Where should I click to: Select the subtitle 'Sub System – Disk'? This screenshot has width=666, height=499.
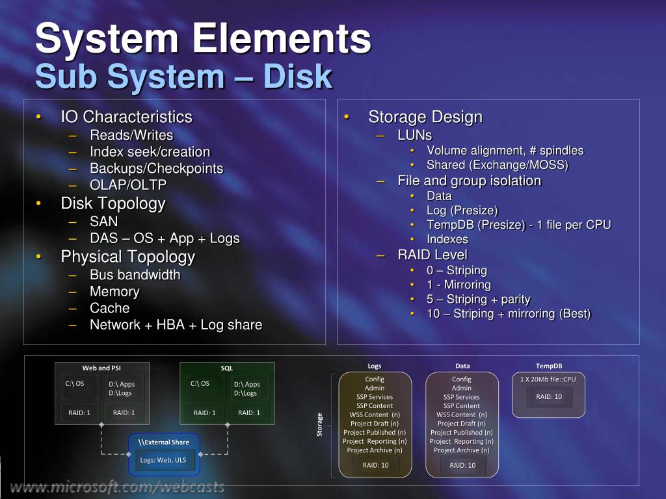click(x=183, y=77)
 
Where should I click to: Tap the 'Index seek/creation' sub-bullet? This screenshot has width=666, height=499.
click(x=150, y=152)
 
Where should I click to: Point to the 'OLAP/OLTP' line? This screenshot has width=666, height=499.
click(x=128, y=185)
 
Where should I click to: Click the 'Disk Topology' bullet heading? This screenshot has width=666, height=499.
click(x=113, y=203)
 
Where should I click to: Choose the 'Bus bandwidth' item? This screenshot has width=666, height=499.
click(x=135, y=275)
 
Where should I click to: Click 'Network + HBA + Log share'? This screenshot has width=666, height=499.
click(x=176, y=325)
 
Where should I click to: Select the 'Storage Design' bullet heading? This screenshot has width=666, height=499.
click(x=425, y=117)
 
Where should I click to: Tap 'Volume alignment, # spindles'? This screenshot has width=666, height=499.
click(x=505, y=151)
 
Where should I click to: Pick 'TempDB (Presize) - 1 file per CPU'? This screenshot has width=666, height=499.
click(x=518, y=225)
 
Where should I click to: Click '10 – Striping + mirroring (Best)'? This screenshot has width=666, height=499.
click(x=509, y=314)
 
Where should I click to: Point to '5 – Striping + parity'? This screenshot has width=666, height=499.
click(x=478, y=300)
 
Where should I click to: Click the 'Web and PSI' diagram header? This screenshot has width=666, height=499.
click(x=101, y=368)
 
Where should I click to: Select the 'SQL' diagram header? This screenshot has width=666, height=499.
click(x=226, y=368)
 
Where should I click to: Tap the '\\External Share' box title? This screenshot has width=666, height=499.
click(x=163, y=442)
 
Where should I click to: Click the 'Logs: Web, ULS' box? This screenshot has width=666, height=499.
click(x=163, y=460)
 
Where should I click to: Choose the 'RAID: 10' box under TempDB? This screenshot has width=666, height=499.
click(x=549, y=396)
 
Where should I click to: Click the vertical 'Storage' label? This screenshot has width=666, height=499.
click(x=319, y=424)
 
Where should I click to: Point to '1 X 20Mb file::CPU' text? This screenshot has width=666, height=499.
click(x=548, y=379)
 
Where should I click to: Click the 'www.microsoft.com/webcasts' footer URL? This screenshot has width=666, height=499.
click(x=117, y=487)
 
